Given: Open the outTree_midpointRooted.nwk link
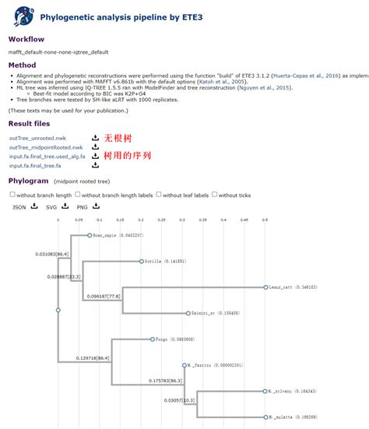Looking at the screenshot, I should [x=45, y=147].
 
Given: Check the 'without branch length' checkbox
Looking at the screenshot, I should [x=12, y=195].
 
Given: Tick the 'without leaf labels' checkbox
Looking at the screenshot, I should [x=159, y=195].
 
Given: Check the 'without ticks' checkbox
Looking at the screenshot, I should [x=215, y=195].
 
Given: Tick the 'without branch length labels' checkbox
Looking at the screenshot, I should [x=77, y=195].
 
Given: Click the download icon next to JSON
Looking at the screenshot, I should [x=33, y=206].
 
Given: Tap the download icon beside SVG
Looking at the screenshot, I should [x=65, y=206].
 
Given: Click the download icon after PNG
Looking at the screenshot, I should [x=96, y=206].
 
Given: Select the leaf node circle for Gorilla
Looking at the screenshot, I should [x=141, y=262].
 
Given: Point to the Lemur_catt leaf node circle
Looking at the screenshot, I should [x=265, y=287].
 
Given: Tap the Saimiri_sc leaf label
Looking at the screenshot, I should [x=201, y=313].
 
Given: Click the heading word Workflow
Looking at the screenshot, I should [x=26, y=39].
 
